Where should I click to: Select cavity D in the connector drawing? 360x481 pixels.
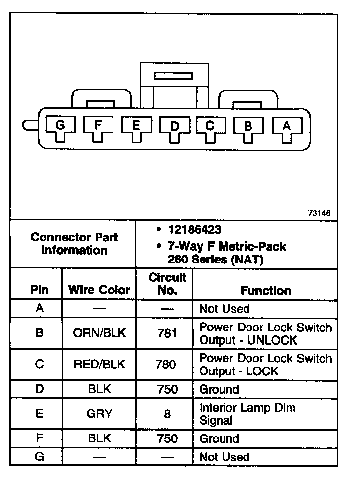[174, 128]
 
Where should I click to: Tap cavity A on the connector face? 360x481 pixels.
[287, 128]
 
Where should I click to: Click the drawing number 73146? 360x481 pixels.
[319, 213]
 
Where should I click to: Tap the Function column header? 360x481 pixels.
[265, 291]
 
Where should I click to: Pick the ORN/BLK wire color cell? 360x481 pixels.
[99, 333]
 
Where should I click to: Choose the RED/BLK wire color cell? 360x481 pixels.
[99, 364]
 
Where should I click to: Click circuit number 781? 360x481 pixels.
[167, 333]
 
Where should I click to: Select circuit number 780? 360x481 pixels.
[167, 364]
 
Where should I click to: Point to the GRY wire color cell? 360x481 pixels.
[99, 414]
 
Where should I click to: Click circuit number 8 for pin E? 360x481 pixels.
[167, 414]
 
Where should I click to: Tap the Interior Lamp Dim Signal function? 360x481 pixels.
[247, 414]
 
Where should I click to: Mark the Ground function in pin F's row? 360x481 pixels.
[219, 439]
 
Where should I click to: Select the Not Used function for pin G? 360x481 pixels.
[225, 458]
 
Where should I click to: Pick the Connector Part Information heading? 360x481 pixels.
[74, 243]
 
